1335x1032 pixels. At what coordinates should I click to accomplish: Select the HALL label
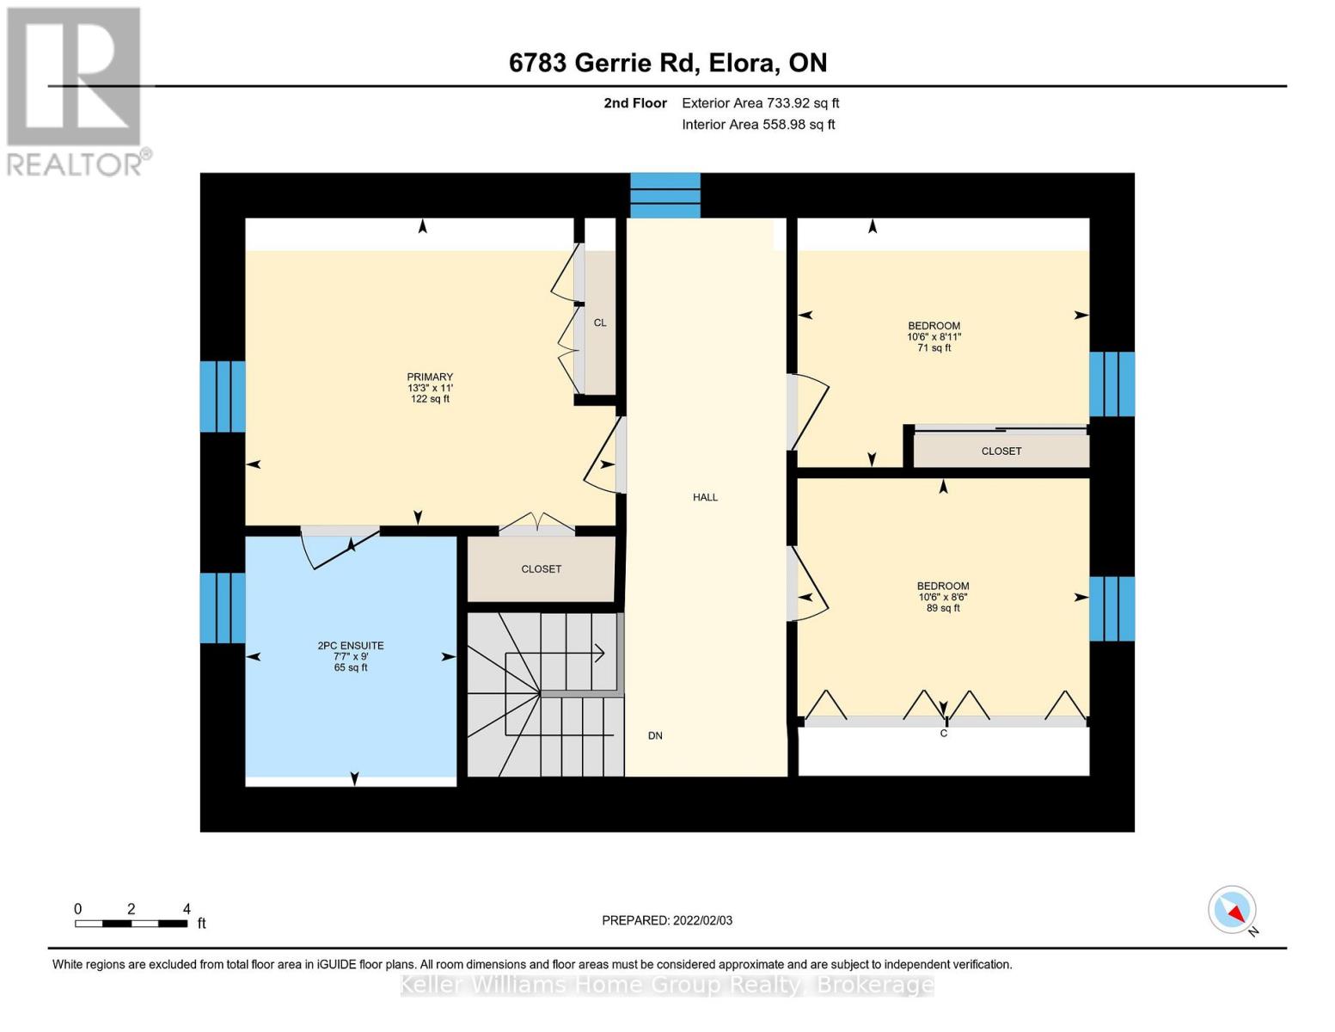tap(705, 497)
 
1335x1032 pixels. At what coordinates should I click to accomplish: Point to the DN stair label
tap(655, 736)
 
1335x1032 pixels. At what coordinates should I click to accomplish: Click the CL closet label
tap(600, 322)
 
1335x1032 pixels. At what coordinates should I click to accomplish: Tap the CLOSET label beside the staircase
tap(541, 569)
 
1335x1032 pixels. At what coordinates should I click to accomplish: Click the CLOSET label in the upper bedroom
tap(1001, 451)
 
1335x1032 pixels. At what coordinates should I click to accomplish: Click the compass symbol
tap(1232, 910)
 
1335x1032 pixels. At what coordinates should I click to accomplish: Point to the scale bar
tap(131, 923)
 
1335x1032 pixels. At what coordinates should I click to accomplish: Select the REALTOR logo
tap(75, 92)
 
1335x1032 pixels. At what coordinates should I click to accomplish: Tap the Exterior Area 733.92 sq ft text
tap(760, 103)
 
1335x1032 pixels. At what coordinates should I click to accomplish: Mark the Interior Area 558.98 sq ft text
tap(758, 125)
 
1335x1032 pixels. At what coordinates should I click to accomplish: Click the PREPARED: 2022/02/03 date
tap(667, 920)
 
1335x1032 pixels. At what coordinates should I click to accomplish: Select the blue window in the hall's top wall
tap(665, 195)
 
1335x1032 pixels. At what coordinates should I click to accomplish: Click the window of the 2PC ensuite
tap(223, 608)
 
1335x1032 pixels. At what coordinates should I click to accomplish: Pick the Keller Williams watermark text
tap(667, 985)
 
